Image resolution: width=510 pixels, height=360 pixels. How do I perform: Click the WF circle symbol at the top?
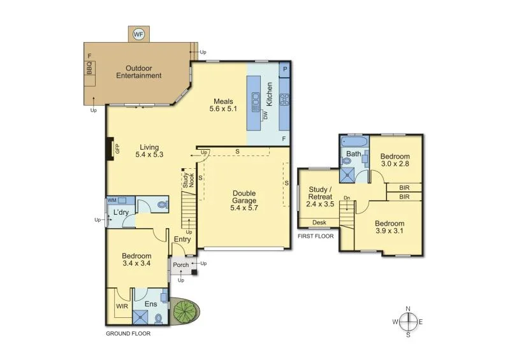tap(138, 34)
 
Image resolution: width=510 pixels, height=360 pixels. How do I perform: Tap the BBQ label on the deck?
tap(89, 67)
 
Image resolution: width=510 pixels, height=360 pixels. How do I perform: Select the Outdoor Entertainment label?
tap(138, 72)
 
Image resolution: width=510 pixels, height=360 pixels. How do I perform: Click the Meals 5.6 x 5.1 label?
tap(223, 105)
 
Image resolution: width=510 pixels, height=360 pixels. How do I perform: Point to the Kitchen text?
tap(269, 94)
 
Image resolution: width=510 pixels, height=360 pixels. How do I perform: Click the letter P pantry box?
tap(284, 69)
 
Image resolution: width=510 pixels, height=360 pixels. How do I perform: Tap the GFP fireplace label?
tap(117, 149)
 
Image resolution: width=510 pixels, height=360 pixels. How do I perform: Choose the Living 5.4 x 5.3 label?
tap(150, 150)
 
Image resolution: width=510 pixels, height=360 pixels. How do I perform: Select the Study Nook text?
tap(187, 180)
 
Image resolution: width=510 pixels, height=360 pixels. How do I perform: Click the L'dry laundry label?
tap(122, 213)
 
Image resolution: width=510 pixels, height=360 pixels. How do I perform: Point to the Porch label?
tap(181, 264)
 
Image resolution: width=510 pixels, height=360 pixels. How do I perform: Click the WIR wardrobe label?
tap(122, 306)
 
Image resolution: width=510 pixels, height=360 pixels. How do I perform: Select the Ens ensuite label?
tap(150, 304)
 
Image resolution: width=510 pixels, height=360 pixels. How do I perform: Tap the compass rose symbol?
tap(409, 321)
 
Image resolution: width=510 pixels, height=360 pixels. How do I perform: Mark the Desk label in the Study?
tap(319, 222)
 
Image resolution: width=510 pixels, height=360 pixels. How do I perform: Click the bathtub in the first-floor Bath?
tap(353, 141)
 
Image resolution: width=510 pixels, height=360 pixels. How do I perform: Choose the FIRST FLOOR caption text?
tap(316, 236)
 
